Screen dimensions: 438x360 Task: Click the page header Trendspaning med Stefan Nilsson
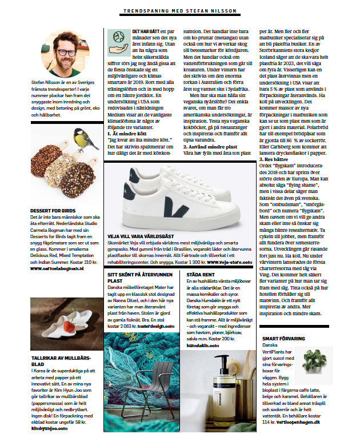[179, 11]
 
